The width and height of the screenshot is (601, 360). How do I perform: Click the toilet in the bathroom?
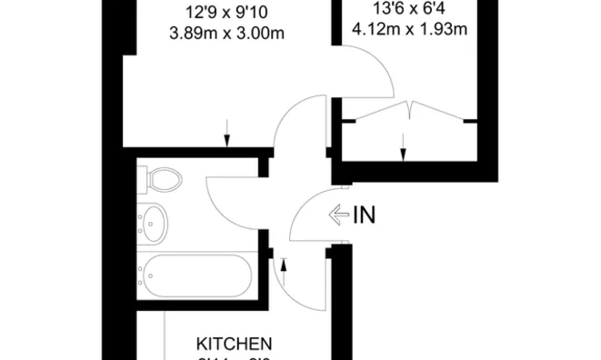162,178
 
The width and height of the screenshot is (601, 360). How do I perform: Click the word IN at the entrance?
363,215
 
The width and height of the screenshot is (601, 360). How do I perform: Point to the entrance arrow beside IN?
338,215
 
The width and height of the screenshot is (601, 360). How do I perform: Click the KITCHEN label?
235,344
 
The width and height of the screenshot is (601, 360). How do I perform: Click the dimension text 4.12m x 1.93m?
409,28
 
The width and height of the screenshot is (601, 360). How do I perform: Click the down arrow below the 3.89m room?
226,135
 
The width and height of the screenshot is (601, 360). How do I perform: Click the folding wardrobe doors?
409,111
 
